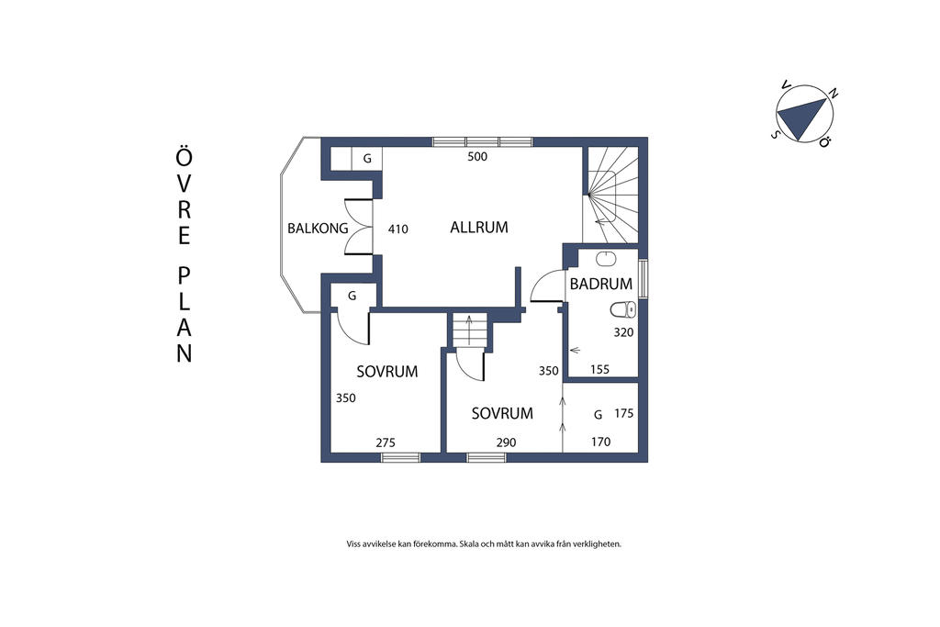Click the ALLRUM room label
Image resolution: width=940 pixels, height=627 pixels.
coord(479,228)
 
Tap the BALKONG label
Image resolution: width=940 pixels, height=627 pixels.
coord(318,229)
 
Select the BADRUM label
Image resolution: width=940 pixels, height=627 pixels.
coord(601,285)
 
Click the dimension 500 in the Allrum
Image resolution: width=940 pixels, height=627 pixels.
coord(477,157)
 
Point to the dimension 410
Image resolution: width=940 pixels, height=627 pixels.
coord(397,229)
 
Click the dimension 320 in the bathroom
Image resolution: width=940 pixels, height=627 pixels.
coord(623,332)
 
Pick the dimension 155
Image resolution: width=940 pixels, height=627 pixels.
coord(600,369)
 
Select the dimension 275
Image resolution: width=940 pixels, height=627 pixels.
coord(386,442)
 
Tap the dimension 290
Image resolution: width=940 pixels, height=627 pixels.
coord(506,442)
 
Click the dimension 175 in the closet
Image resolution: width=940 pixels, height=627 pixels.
coord(623,414)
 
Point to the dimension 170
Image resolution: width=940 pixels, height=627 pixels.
coord(600,442)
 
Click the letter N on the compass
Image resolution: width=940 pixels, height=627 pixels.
coord(833,93)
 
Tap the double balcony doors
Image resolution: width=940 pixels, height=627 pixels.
coord(359,228)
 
